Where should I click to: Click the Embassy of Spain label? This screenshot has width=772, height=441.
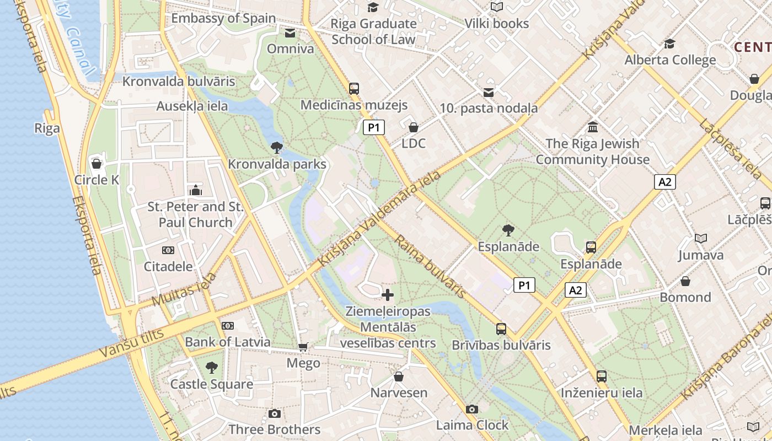(x=223, y=18)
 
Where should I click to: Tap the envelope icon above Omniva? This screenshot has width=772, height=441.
(x=290, y=33)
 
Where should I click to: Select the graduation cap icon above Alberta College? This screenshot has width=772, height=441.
(x=670, y=44)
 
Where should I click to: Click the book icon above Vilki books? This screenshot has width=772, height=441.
(x=497, y=7)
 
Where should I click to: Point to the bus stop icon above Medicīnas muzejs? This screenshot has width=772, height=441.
(x=354, y=88)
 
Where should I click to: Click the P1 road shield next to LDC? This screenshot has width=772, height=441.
(x=374, y=128)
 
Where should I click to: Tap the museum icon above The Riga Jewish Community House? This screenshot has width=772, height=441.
(x=593, y=127)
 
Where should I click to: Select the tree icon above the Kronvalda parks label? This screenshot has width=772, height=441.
(x=277, y=148)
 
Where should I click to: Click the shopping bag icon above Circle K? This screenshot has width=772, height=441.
(x=96, y=164)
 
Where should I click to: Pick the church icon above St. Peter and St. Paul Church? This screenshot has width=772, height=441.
(x=195, y=190)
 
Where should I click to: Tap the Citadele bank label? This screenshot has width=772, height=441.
(x=168, y=266)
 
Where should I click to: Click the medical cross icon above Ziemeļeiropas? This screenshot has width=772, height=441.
(x=388, y=295)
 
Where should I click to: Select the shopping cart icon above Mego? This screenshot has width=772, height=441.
(x=303, y=347)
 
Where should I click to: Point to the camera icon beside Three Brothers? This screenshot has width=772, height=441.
(x=274, y=413)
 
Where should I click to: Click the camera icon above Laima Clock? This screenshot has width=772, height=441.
(x=471, y=409)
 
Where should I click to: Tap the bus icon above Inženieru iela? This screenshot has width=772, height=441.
(x=602, y=377)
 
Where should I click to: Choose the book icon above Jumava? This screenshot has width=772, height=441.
(x=701, y=239)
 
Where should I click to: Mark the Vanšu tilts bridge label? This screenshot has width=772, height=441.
(x=132, y=342)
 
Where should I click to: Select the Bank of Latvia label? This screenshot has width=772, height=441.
(x=228, y=342)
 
